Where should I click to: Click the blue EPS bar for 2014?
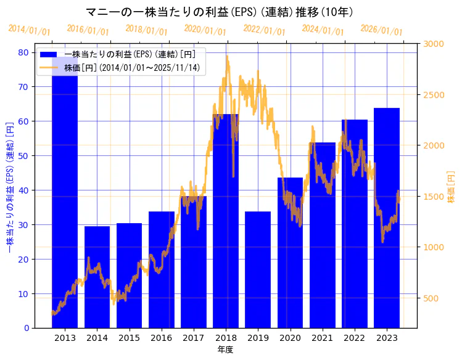point(97,277)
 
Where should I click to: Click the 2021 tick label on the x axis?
point(322,338)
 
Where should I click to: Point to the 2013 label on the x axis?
point(65,338)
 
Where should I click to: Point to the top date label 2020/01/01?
point(205,30)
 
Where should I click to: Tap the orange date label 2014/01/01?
point(29,30)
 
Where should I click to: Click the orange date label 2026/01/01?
point(381,30)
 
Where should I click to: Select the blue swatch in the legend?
point(49,55)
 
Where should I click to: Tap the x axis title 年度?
point(225,350)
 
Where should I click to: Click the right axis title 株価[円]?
point(451,188)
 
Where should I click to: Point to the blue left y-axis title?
point(10,188)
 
